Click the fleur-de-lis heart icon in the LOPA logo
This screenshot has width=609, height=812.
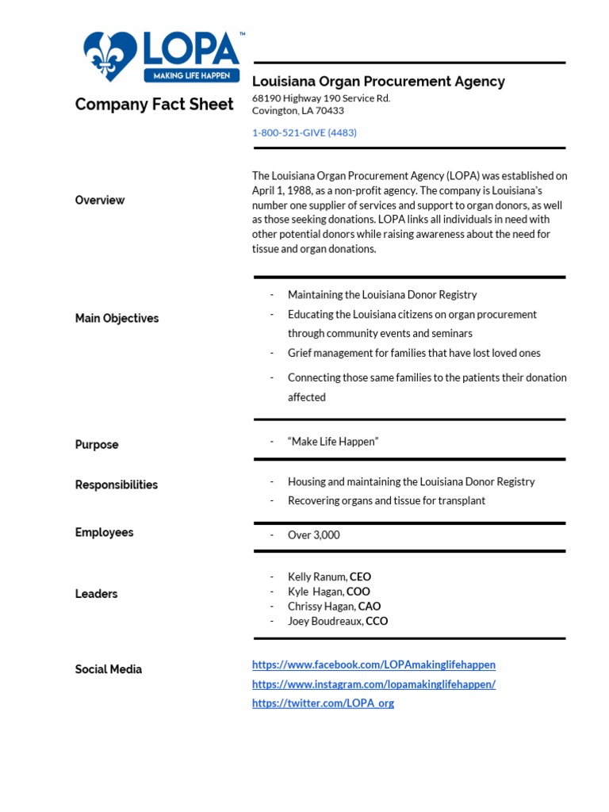pyautogui.click(x=110, y=56)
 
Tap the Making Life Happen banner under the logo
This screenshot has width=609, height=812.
pyautogui.click(x=191, y=75)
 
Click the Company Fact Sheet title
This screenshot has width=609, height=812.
pyautogui.click(x=154, y=105)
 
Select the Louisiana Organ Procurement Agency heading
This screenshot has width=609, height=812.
pyautogui.click(x=378, y=81)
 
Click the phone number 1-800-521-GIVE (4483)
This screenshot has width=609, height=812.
pyautogui.click(x=304, y=132)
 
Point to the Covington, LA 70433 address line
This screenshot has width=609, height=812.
pyautogui.click(x=298, y=111)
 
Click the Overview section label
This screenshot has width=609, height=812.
pyautogui.click(x=100, y=201)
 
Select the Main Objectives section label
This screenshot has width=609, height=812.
pyautogui.click(x=117, y=318)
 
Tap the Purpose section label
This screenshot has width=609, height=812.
pyautogui.click(x=97, y=445)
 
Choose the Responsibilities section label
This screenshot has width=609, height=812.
pyautogui.click(x=117, y=485)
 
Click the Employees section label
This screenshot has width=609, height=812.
pyautogui.click(x=104, y=532)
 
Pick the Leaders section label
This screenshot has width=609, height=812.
pyautogui.click(x=96, y=594)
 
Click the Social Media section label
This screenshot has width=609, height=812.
pyautogui.click(x=109, y=669)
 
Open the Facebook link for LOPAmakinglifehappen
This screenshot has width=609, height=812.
pyautogui.click(x=373, y=665)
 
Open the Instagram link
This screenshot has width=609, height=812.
pyautogui.click(x=373, y=684)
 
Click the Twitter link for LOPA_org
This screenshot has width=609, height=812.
pyautogui.click(x=323, y=703)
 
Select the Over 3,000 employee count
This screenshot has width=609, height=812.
pyautogui.click(x=313, y=535)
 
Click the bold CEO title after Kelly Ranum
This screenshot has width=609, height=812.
pyautogui.click(x=360, y=577)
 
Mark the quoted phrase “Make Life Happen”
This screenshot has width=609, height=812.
pyautogui.click(x=333, y=441)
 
